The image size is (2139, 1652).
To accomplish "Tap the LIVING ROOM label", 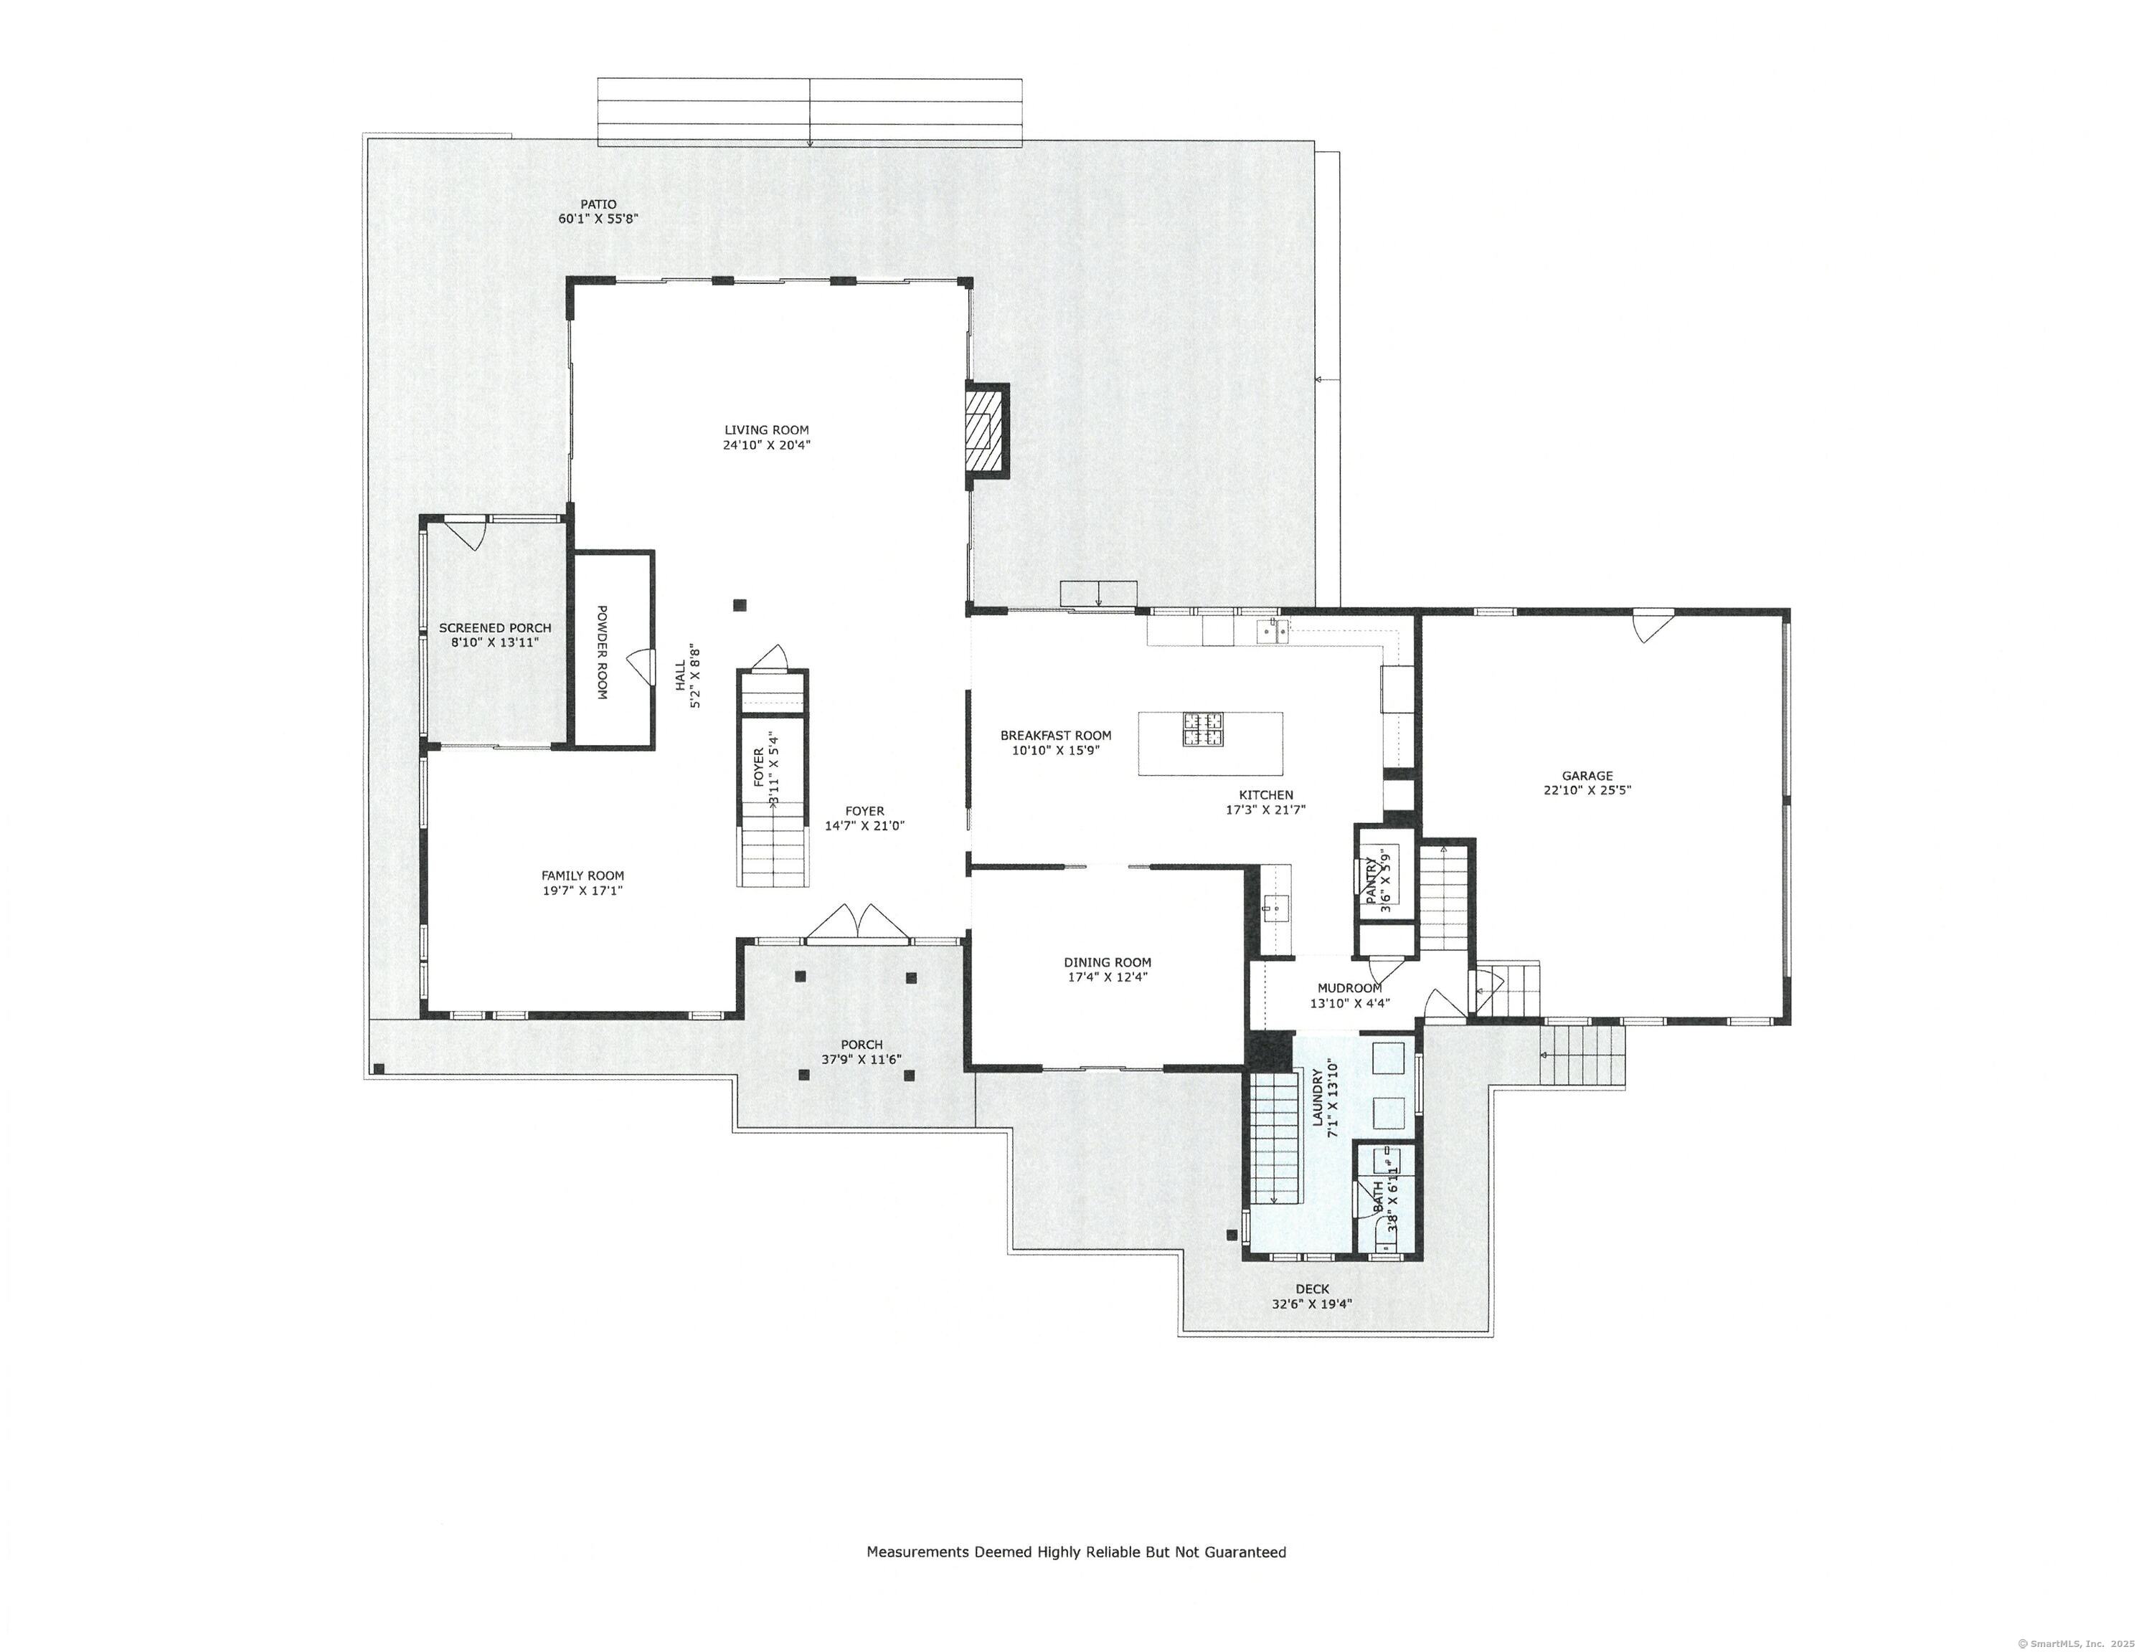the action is pos(767,430).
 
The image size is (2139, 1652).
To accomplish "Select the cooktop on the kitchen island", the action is pos(1203,728).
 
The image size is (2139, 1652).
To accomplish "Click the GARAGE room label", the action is pos(1587,776).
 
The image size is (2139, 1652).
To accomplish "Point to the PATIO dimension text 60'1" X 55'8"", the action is pos(598,219).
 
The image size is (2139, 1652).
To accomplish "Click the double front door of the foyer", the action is pos(858,921).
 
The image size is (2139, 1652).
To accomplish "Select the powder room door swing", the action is pos(641,666).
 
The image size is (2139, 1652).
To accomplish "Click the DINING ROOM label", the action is pos(1108,963).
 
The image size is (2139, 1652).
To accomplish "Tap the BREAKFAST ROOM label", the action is pos(1056,736).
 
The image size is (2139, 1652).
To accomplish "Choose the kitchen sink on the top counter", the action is pos(1274,630).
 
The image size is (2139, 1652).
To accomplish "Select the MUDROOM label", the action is pos(1350,988).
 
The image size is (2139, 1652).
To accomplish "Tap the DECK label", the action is pos(1313,1290).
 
